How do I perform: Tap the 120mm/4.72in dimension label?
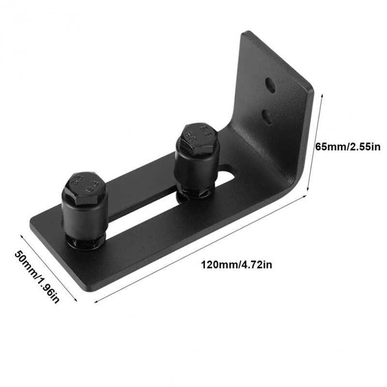pos(232,265)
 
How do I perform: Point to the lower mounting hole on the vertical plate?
pos(266,115)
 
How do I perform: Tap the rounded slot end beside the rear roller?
pos(227,171)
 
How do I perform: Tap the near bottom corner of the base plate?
pos(92,289)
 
